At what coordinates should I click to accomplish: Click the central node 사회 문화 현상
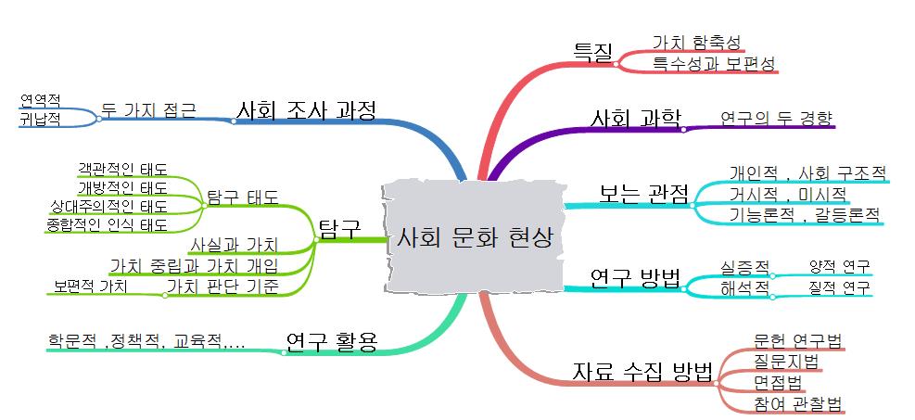tap(474, 238)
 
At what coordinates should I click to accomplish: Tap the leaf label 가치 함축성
tap(698, 42)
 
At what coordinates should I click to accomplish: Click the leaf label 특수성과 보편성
tap(713, 63)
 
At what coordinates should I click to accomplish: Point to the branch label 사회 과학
tap(636, 118)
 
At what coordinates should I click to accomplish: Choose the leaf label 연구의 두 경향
tap(776, 118)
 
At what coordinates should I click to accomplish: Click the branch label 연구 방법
tap(635, 277)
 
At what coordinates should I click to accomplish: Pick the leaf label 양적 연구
tap(839, 267)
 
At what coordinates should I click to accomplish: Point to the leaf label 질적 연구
tap(839, 287)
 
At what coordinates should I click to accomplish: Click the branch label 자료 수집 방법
tap(642, 374)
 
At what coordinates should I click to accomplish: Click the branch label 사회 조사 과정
tap(307, 110)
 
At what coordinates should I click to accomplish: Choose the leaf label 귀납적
tap(39, 120)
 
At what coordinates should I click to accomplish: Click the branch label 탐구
tap(337, 228)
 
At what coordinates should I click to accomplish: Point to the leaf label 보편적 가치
tap(90, 286)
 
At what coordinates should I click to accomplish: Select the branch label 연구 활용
tap(331, 341)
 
